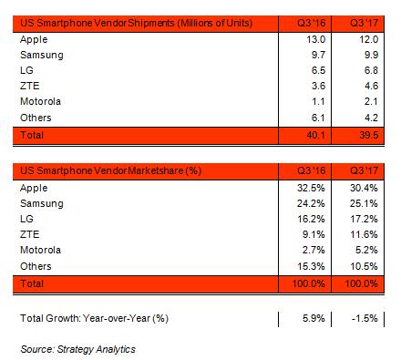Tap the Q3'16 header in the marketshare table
(x=313, y=170)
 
